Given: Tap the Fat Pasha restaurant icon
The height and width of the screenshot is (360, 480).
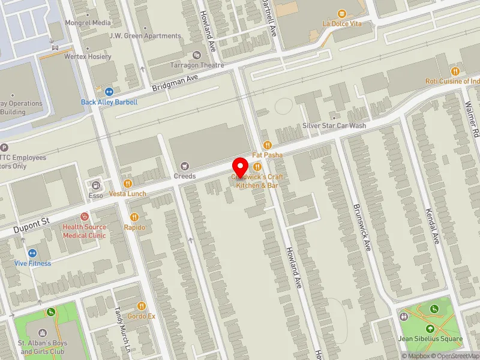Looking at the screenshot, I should pyautogui.click(x=268, y=145).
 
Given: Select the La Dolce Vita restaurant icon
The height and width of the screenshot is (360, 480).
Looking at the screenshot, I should pyautogui.click(x=342, y=13).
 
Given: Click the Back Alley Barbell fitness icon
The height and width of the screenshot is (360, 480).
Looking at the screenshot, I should pyautogui.click(x=109, y=92).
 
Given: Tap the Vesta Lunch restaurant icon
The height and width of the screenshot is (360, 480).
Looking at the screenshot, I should pyautogui.click(x=128, y=184).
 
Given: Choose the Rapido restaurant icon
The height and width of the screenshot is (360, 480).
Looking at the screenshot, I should pyautogui.click(x=135, y=217).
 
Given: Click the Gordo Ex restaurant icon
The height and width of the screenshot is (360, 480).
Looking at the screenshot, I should pyautogui.click(x=142, y=306).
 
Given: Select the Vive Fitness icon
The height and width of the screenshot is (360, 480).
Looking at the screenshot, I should pyautogui.click(x=32, y=253).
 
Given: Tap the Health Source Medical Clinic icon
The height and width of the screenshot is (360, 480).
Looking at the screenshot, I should pyautogui.click(x=85, y=216).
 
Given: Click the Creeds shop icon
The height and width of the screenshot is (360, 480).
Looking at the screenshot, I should pyautogui.click(x=185, y=166).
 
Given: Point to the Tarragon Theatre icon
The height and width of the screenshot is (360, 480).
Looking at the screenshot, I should pyautogui.click(x=196, y=55).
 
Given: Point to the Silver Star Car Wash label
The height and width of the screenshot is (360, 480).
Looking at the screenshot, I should pyautogui.click(x=334, y=125).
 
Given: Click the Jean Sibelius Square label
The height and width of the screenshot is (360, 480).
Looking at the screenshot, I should pyautogui.click(x=430, y=339).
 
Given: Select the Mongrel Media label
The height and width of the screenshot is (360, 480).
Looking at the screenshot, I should pyautogui.click(x=88, y=23).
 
